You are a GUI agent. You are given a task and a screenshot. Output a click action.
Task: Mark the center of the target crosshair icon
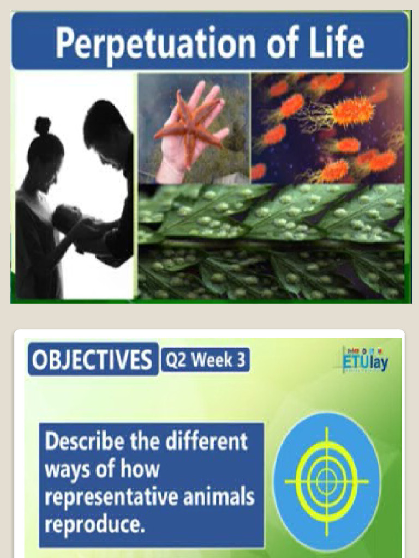[x=326, y=481]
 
